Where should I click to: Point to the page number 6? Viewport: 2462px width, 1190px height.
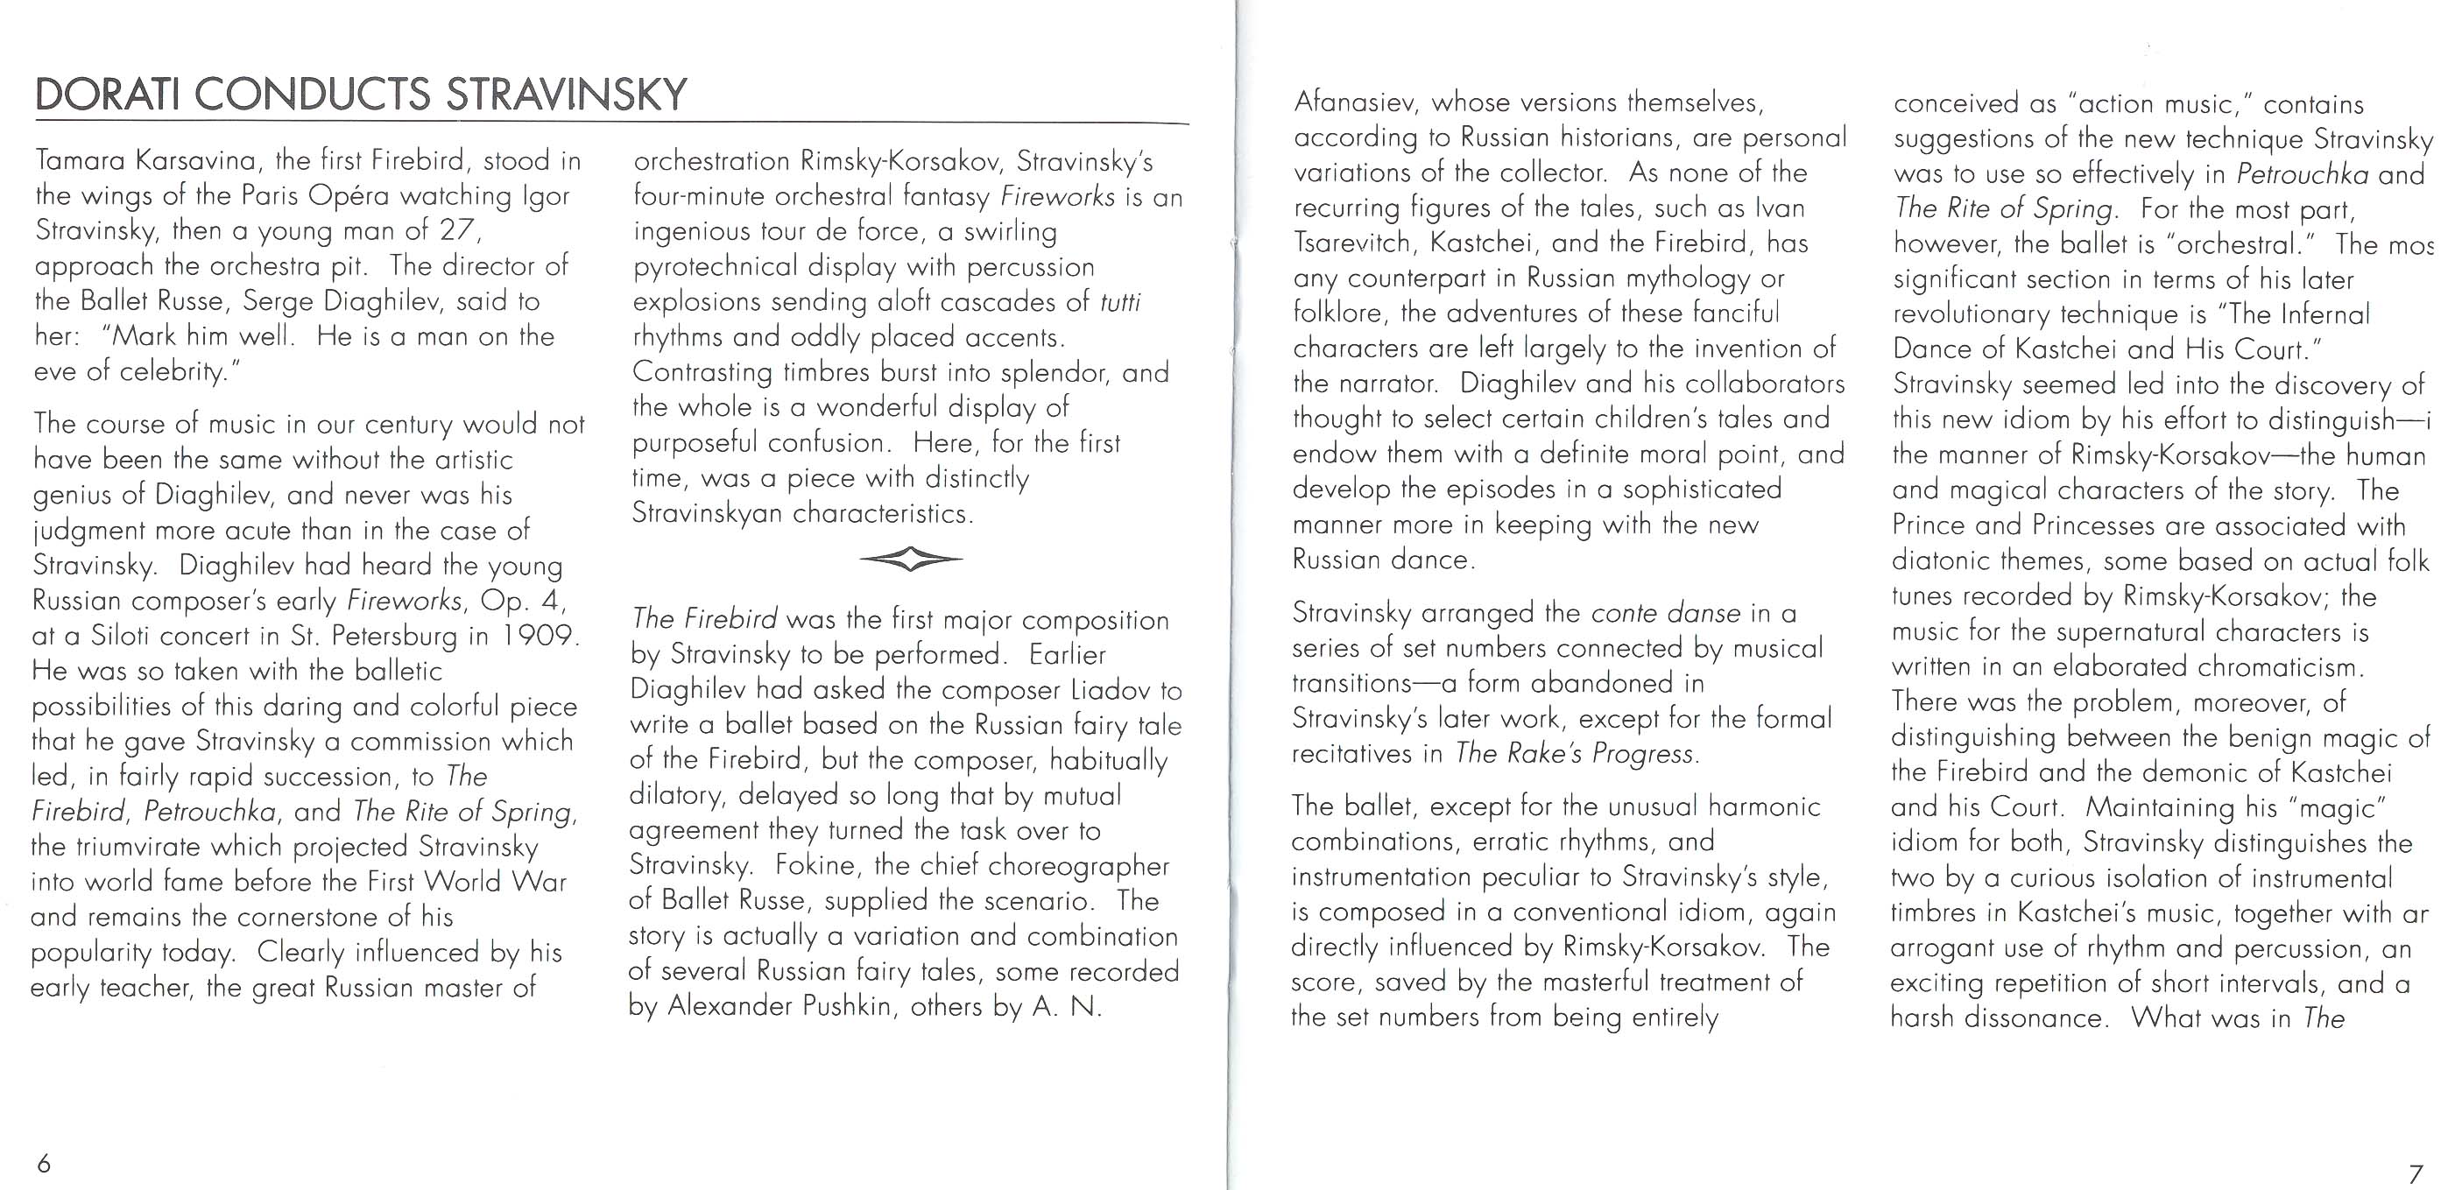(x=44, y=1163)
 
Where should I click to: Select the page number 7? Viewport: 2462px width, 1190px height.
(x=2416, y=1172)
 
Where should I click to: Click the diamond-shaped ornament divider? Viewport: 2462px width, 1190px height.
(x=911, y=560)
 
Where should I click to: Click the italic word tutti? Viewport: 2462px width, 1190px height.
(x=1120, y=302)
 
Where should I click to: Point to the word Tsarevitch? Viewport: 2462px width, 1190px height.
(x=1351, y=243)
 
